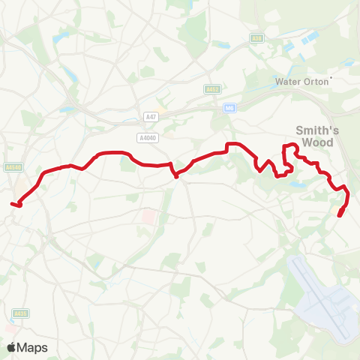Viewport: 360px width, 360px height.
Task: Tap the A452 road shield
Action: click(x=211, y=88)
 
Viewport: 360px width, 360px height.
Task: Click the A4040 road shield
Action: click(x=148, y=137)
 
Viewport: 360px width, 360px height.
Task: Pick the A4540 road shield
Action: click(x=13, y=167)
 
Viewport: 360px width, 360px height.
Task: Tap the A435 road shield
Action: click(x=21, y=313)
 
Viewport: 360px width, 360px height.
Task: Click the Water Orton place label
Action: click(x=302, y=81)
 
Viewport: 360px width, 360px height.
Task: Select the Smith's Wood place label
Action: click(x=320, y=136)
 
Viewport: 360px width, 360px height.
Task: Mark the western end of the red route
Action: click(x=13, y=202)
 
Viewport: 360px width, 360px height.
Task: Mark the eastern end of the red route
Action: click(x=340, y=216)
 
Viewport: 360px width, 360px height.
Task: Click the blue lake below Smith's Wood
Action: click(x=299, y=183)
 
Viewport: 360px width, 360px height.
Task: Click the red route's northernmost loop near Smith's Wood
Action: click(x=288, y=146)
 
